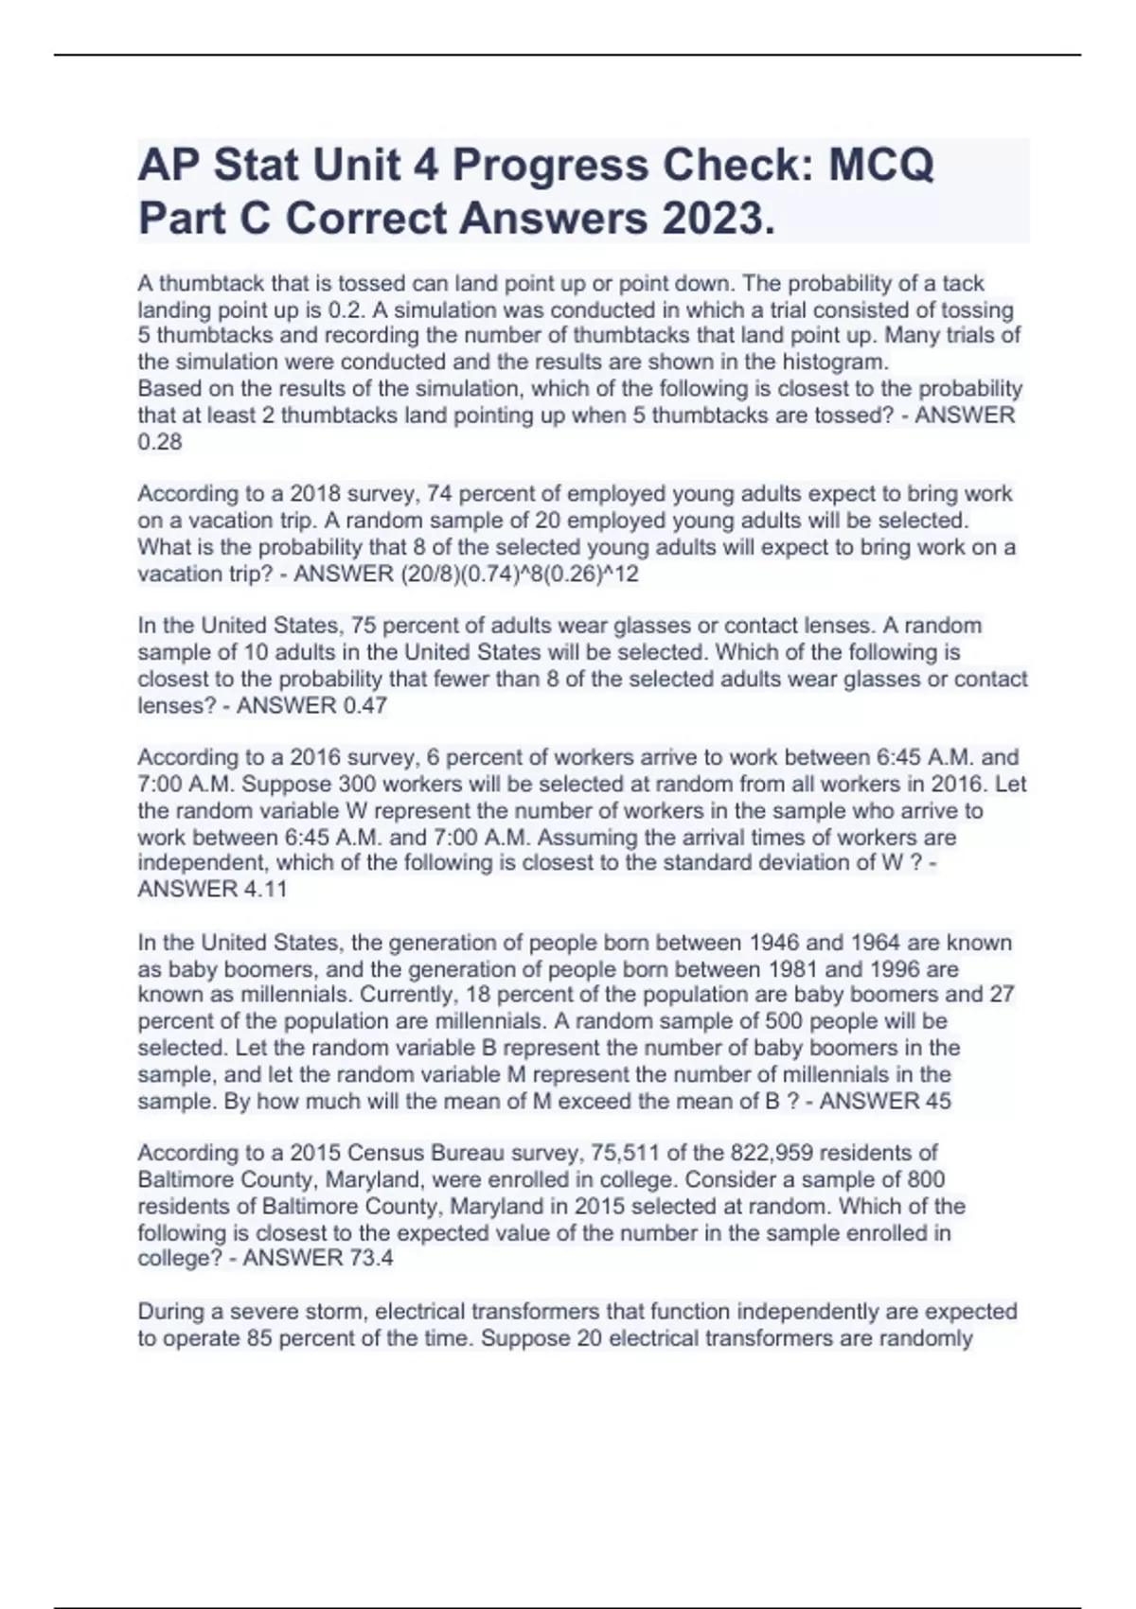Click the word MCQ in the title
(x=881, y=166)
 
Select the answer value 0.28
(x=160, y=442)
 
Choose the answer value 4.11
(x=264, y=889)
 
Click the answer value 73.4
(x=370, y=1258)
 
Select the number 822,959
(x=772, y=1153)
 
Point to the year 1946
(x=774, y=943)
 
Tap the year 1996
(x=897, y=969)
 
